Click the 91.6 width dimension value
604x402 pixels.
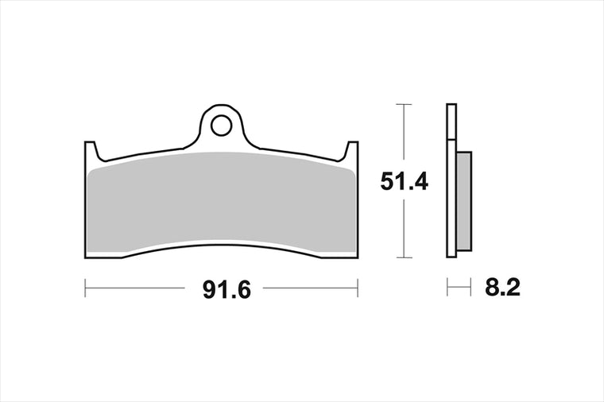point(226,289)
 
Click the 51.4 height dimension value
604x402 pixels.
point(404,181)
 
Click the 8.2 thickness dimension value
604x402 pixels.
point(503,288)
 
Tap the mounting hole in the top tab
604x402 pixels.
point(221,126)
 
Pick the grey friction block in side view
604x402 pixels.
point(464,201)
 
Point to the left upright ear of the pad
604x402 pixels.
point(91,151)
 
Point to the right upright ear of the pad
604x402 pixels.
point(352,151)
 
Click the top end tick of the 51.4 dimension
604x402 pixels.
point(403,104)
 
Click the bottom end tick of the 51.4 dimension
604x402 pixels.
point(403,257)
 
